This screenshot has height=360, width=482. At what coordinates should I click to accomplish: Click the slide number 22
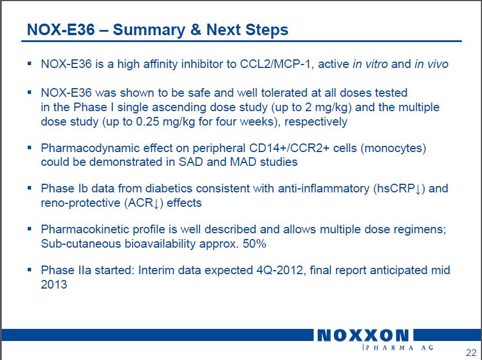coord(471,353)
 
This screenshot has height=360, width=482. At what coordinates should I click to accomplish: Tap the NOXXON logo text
coord(363,335)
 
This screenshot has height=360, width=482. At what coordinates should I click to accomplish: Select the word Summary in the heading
coord(149,30)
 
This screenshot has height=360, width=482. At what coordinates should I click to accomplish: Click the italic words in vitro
coord(370,64)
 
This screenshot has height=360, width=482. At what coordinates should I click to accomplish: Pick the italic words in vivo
coord(431,64)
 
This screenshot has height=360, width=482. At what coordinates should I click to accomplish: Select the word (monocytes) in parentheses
coord(393,149)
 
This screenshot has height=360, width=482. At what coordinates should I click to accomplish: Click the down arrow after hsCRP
coord(418,189)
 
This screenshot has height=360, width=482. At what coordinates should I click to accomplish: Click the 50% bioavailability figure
coord(254,244)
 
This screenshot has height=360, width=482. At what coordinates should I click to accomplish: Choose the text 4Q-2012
coord(281,270)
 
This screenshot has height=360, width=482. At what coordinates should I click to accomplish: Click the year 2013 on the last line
coord(54,285)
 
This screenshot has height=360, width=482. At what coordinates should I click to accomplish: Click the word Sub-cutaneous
coord(81,244)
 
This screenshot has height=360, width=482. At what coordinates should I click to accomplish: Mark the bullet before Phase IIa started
coord(29,270)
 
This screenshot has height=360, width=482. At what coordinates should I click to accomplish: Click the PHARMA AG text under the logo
coord(398,347)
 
